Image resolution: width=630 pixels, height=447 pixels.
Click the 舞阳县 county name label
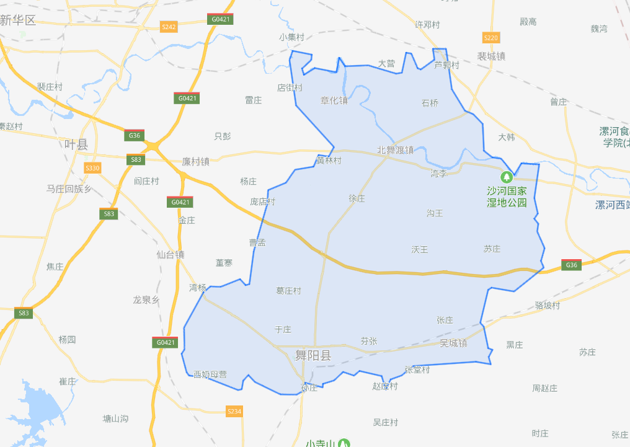[313, 355]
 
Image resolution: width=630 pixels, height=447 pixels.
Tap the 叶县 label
[76, 144]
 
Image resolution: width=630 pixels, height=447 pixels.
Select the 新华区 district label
[18, 20]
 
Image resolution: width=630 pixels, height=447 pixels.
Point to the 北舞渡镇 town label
[395, 149]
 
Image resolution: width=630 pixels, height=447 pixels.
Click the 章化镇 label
[334, 100]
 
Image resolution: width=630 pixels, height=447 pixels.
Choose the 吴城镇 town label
[453, 343]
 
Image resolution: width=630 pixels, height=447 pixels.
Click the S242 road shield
[169, 27]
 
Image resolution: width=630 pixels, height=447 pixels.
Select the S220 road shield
[490, 38]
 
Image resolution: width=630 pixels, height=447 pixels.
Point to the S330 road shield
[92, 168]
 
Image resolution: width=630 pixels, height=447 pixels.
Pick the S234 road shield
[234, 411]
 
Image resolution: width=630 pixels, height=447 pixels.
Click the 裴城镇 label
[491, 56]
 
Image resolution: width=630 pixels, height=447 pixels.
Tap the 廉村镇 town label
[196, 161]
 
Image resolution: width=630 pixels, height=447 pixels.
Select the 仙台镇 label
[171, 254]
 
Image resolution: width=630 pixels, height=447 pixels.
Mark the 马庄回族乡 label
[69, 188]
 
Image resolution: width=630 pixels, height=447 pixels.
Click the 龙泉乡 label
[146, 299]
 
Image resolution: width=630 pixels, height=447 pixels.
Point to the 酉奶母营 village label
[210, 374]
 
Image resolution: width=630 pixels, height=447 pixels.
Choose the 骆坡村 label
[547, 306]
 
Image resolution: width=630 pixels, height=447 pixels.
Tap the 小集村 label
[291, 37]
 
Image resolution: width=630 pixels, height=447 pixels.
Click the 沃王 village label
[420, 249]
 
